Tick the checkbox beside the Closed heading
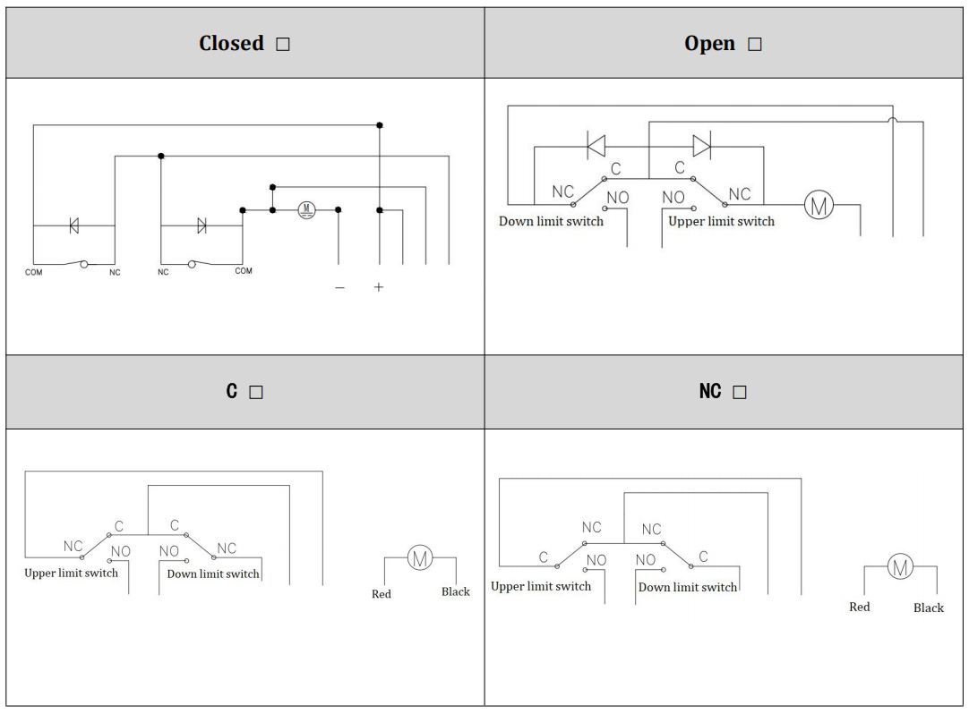click(283, 45)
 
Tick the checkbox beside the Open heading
click(754, 45)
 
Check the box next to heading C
click(256, 393)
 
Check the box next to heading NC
click(739, 393)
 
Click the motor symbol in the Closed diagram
click(306, 209)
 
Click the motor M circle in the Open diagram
click(819, 205)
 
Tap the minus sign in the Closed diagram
click(339, 287)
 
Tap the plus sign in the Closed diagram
click(379, 287)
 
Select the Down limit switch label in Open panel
click(551, 221)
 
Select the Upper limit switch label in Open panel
click(721, 221)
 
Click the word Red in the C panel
click(382, 594)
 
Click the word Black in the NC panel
click(929, 608)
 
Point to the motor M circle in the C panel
click(420, 558)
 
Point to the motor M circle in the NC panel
click(900, 566)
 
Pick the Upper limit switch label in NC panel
click(541, 587)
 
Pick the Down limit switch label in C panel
click(213, 574)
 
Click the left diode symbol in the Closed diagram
click(73, 226)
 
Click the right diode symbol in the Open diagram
click(701, 146)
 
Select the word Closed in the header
click(231, 44)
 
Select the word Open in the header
click(709, 44)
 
